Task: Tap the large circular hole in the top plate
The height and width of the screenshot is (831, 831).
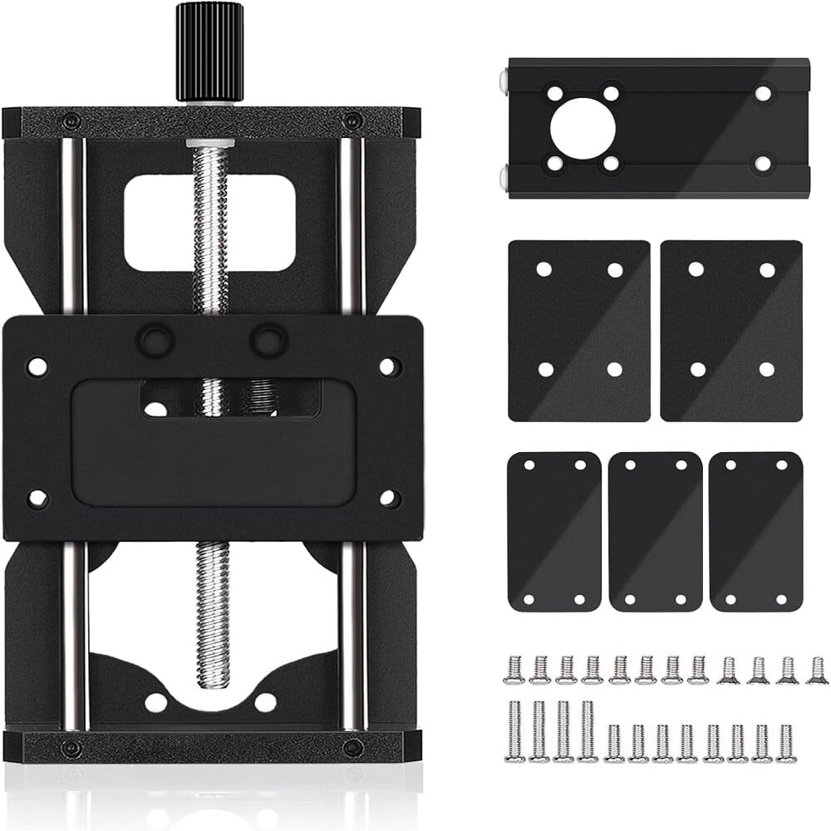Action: coord(583,128)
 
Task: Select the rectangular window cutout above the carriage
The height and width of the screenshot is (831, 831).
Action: coord(209,222)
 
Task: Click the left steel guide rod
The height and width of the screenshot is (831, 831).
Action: coord(73,224)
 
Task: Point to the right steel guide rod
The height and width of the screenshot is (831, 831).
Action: coord(351,224)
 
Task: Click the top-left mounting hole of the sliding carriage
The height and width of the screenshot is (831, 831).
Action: coord(37,366)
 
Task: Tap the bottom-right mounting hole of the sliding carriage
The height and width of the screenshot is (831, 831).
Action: coord(387,499)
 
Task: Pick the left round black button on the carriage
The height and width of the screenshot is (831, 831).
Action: coord(155,340)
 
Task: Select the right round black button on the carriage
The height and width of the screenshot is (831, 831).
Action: coord(268,340)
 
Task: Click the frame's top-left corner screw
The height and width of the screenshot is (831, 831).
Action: coord(71,120)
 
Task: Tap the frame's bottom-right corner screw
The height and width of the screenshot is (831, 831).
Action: coord(352,746)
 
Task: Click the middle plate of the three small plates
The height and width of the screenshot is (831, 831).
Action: coord(655,532)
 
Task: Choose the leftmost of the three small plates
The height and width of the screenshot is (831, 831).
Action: coord(553,532)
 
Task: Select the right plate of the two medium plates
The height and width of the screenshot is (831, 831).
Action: coord(731,331)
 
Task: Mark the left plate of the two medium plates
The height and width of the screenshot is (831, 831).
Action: coord(579,331)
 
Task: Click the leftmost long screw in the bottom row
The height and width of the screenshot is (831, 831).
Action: coord(514,731)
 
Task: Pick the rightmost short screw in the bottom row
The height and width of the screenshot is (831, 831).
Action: coord(786,742)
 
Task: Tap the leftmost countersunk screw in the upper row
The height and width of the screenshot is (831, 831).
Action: coord(514,670)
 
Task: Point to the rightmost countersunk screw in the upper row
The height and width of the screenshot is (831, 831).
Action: coord(817,670)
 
